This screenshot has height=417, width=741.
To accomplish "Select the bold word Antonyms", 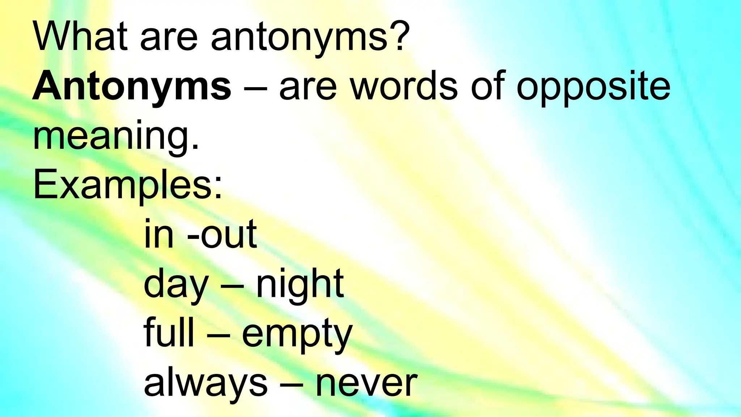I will coord(132,87).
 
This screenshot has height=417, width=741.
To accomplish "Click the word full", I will coord(169,333).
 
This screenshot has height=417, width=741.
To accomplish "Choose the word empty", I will coord(297,335).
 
